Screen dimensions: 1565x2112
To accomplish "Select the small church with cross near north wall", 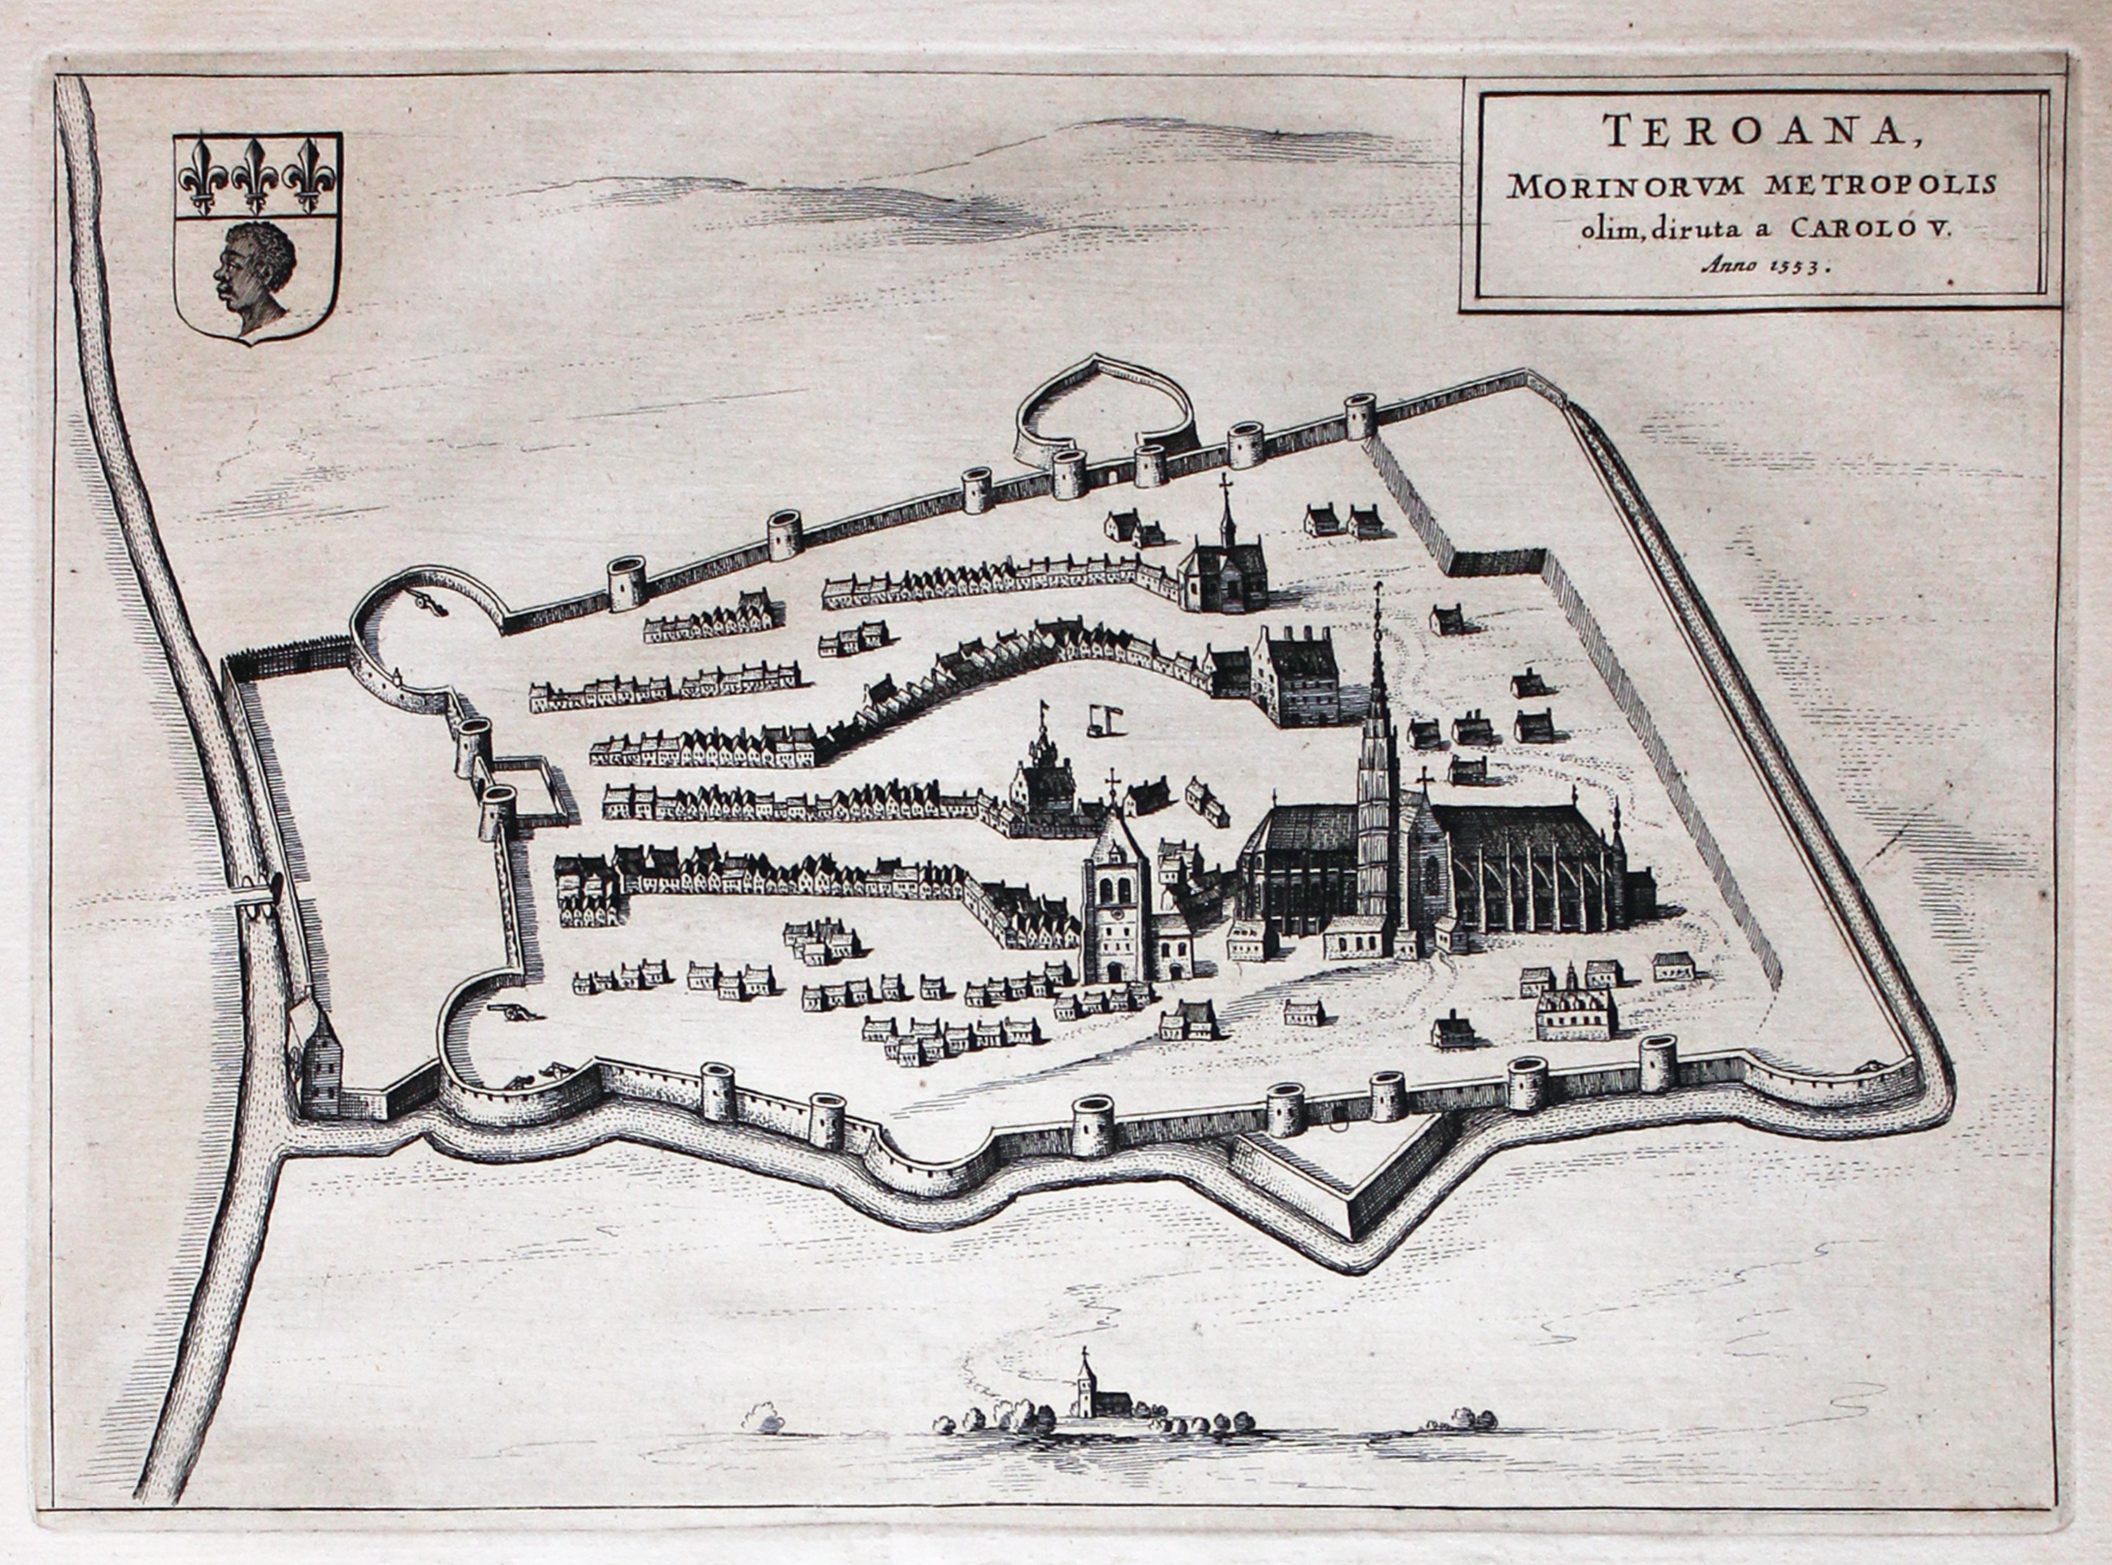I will (1224, 569).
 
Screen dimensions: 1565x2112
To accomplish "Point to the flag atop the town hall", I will (1044, 707).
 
